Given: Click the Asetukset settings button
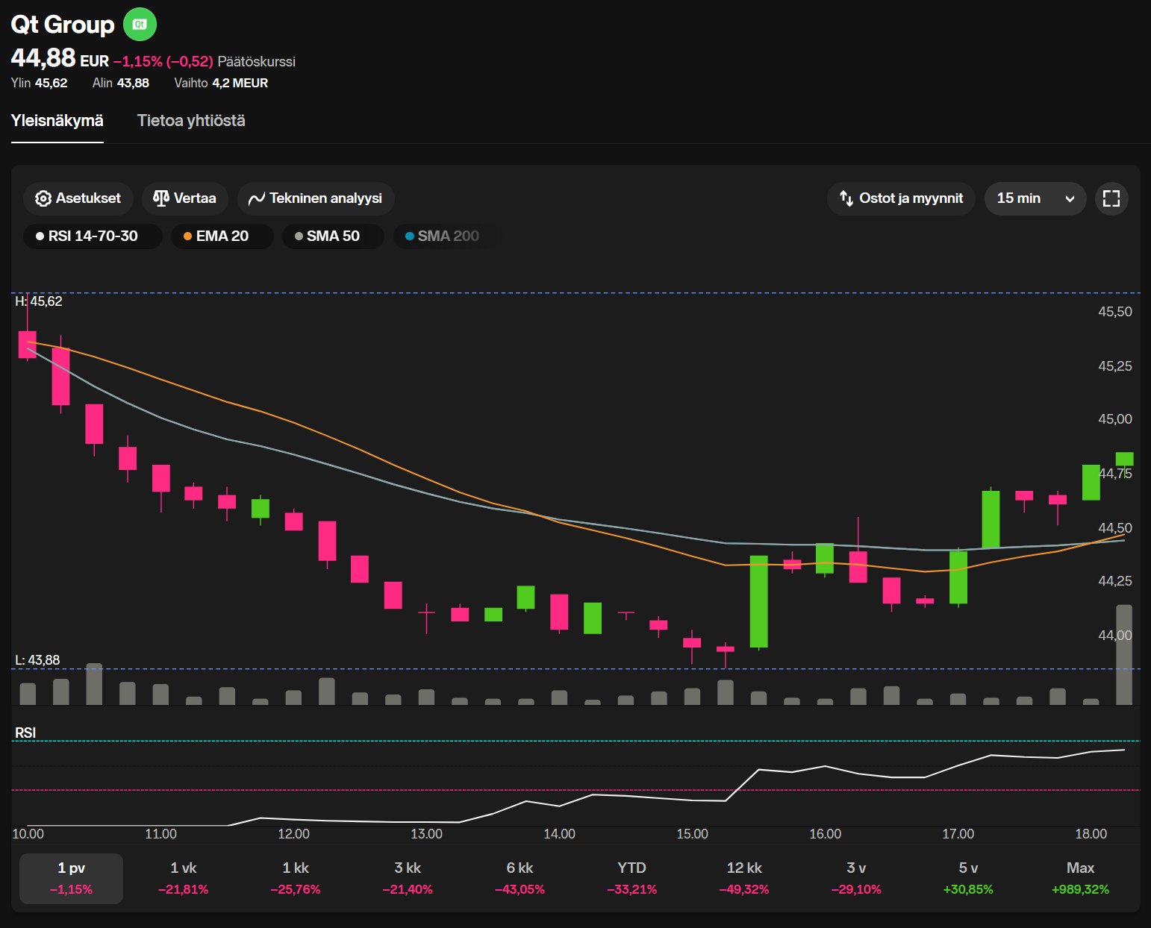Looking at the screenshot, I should pos(78,198).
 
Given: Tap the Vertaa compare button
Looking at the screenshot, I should pos(184,198).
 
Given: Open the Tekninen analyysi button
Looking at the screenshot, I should pos(316,198).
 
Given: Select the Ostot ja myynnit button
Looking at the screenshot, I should pos(901,198).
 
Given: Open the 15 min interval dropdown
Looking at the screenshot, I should pos(1035,198).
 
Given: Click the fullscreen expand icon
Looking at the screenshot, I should pos(1111,198).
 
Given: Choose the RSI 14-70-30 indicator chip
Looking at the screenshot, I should pos(93,236).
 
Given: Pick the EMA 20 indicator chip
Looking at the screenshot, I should pos(222,236).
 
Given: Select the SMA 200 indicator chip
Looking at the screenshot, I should pos(442,236).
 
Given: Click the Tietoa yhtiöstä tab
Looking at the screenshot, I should pos(191,121).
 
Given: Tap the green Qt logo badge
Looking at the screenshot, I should pos(140,25).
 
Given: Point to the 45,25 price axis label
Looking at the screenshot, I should pos(1114,366).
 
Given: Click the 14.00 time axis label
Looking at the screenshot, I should pos(559,834).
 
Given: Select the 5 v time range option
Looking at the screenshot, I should pos(968,877).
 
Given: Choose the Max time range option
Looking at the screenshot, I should pos(1080,877).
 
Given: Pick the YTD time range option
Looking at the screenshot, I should pos(631,877).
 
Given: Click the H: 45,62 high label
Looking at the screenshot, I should pos(39,301).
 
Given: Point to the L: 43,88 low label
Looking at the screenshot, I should pos(38,660).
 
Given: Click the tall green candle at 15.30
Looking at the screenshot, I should pos(758,601).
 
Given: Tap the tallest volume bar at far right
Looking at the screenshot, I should pos(1123,654).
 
